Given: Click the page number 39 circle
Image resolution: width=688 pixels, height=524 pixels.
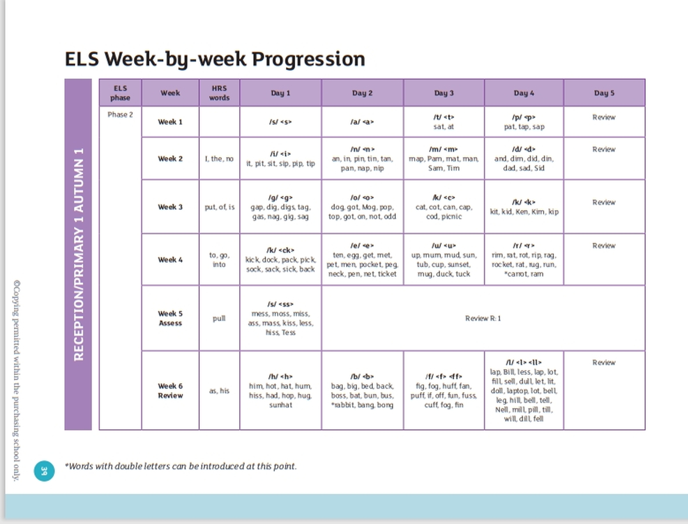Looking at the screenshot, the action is (x=44, y=471).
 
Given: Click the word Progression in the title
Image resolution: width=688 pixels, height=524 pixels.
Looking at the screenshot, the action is (x=308, y=59).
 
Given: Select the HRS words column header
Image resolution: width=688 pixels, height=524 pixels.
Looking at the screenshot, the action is (x=219, y=93).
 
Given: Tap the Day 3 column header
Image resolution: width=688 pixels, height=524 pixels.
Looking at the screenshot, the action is (x=444, y=93).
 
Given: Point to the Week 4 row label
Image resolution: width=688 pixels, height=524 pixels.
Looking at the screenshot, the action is (x=170, y=260).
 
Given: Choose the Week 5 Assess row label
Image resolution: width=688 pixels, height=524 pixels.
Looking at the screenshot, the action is (x=170, y=318).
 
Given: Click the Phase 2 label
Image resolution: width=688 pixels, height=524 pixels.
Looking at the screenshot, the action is (x=120, y=115).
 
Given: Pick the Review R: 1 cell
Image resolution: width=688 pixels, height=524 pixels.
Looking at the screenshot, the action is (x=483, y=318).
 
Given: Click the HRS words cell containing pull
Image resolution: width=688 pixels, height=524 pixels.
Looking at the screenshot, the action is (x=219, y=318).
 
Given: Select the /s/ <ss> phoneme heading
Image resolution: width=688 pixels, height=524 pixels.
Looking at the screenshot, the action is (x=281, y=304).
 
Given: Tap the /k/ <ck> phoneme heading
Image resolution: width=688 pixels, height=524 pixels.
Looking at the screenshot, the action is (x=281, y=250).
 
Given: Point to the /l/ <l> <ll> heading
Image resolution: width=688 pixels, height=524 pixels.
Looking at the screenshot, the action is (x=524, y=362).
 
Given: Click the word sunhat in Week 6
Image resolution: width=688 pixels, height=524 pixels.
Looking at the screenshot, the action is (x=281, y=405).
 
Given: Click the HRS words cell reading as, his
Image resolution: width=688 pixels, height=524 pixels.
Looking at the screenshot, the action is (x=219, y=391).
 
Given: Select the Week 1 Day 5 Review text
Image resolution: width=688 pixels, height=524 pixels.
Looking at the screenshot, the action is (x=604, y=117).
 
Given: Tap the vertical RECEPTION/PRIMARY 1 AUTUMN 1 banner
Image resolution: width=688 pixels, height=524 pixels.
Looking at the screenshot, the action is (x=78, y=254).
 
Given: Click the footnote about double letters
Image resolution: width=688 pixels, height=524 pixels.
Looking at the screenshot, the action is (x=181, y=466).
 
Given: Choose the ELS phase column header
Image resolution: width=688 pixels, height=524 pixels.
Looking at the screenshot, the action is (x=120, y=93).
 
